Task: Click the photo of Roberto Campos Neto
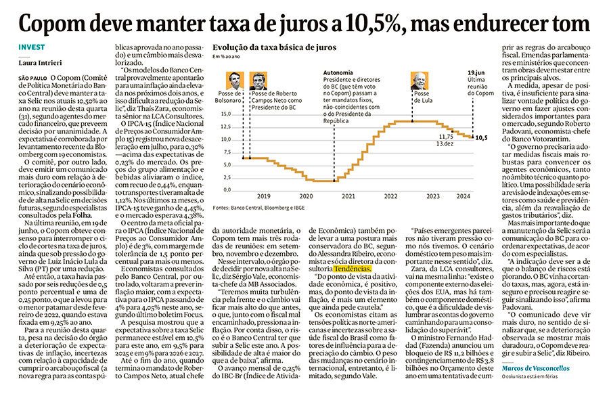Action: tap(257, 81)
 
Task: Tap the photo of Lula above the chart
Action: tap(418, 81)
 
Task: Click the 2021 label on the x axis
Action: tap(348, 196)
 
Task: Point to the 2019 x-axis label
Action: tap(264, 196)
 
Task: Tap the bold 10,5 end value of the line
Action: tap(481, 137)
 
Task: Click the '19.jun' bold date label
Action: tap(477, 71)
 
